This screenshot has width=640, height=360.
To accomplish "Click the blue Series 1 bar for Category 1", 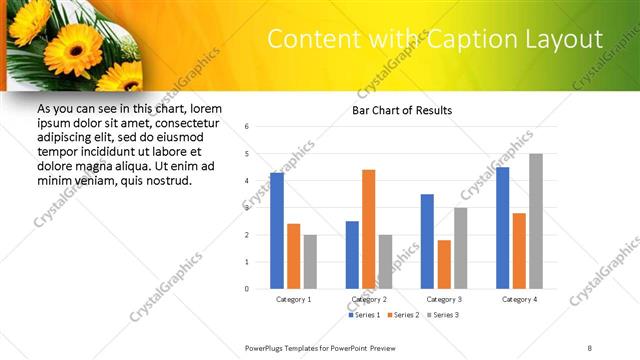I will click(x=277, y=231).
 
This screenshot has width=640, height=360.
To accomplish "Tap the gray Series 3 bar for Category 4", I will click(x=536, y=221).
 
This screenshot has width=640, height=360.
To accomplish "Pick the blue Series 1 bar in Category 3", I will click(x=427, y=241).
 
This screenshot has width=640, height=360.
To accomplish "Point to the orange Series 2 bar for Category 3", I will click(x=444, y=264).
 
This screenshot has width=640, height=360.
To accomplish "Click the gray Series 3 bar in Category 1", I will click(x=310, y=261).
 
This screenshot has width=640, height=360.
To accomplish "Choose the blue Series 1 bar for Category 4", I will click(x=502, y=228).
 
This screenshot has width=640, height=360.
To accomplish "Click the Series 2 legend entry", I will click(x=403, y=316).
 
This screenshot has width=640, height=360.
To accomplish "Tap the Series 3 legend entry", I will click(x=443, y=316).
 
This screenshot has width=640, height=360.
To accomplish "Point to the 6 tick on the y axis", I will click(x=247, y=127).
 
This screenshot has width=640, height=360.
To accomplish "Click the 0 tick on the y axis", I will click(x=247, y=289).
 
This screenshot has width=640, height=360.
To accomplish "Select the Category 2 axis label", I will click(x=369, y=299).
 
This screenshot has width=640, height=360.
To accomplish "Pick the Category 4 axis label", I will click(x=519, y=299).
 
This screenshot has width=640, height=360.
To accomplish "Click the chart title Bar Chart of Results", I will click(x=403, y=110).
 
